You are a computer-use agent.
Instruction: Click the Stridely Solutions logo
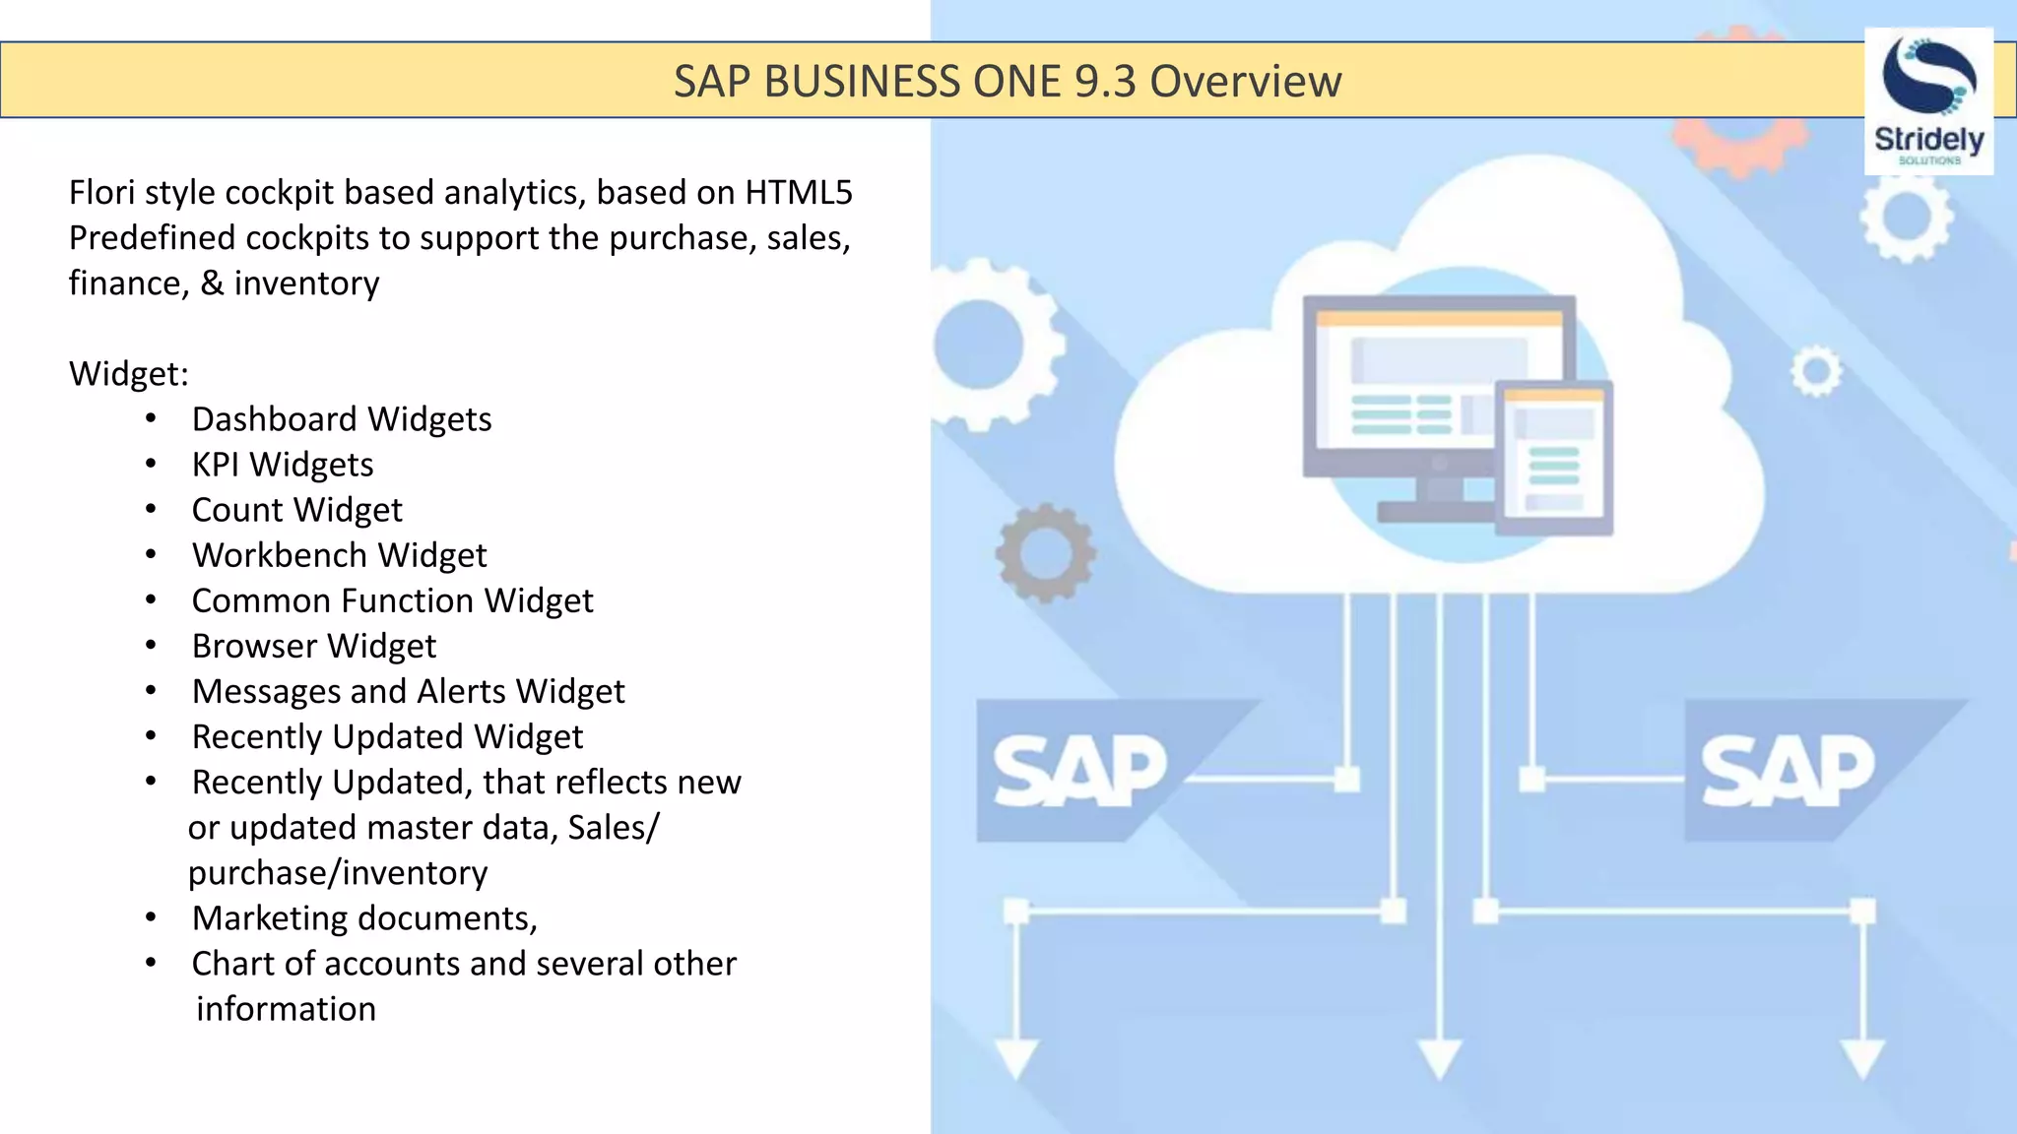click(1928, 101)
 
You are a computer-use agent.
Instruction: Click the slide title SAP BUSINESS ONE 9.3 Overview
click(1007, 81)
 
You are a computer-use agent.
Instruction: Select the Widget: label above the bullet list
click(128, 374)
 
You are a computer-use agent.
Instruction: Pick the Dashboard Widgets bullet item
click(341, 419)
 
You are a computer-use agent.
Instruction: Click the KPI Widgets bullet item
click(282, 465)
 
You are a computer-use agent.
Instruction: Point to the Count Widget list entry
click(296, 510)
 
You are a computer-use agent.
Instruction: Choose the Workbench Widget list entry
click(339, 555)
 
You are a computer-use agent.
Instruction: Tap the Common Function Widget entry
click(392, 600)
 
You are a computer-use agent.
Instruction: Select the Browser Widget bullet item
click(313, 646)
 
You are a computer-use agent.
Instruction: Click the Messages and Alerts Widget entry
click(408, 691)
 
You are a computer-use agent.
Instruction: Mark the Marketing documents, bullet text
click(364, 918)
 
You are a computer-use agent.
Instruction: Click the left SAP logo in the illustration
click(1079, 771)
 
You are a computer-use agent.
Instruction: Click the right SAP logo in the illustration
click(1787, 771)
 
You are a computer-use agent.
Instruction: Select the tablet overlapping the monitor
click(1554, 457)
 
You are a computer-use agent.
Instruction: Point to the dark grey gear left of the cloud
click(1045, 552)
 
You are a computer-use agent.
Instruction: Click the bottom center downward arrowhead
click(1439, 1059)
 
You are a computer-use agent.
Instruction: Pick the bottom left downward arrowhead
click(1015, 1059)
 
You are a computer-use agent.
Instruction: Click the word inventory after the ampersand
click(305, 283)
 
